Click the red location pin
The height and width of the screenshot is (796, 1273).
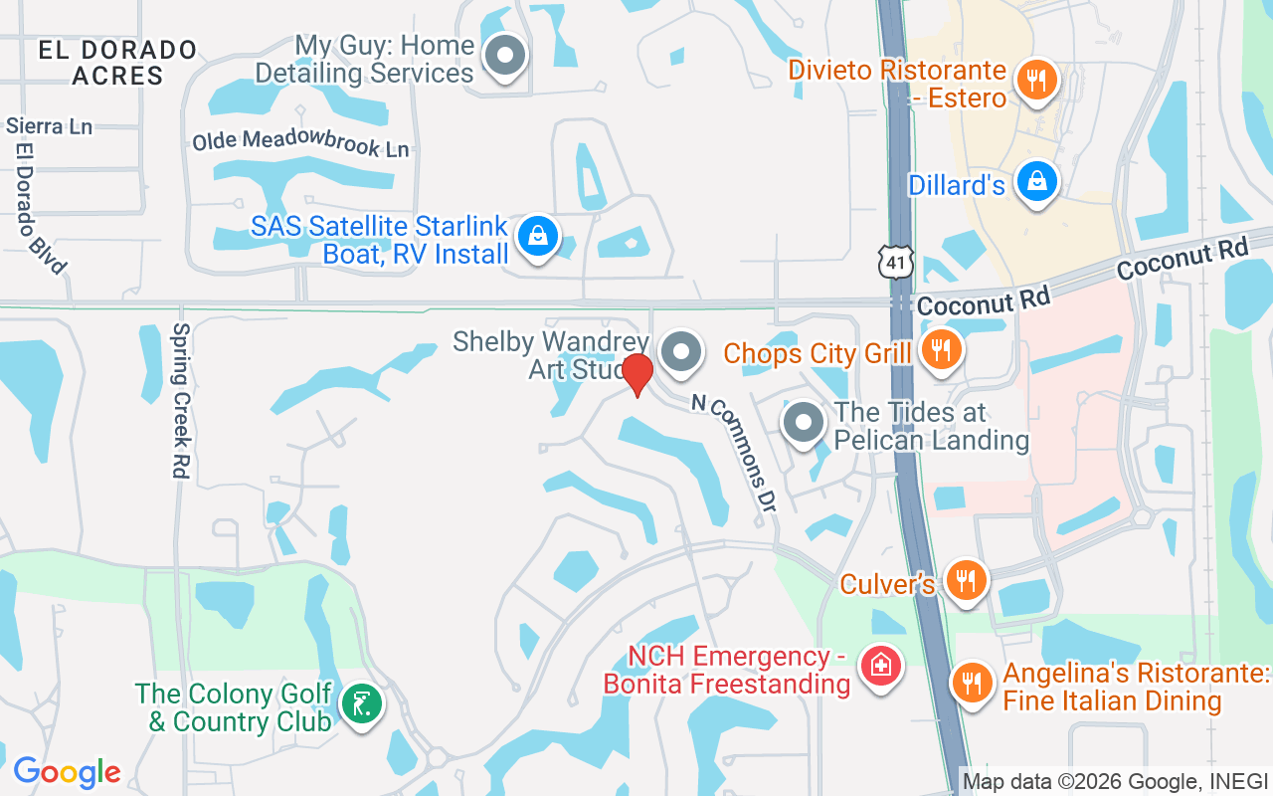click(636, 373)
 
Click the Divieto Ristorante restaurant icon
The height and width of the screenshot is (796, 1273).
click(1037, 80)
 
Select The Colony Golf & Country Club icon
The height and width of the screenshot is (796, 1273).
click(360, 704)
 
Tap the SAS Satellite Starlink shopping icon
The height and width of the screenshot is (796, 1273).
click(538, 236)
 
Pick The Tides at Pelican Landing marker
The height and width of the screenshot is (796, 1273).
click(803, 423)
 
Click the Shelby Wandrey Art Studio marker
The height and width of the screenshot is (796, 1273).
click(681, 350)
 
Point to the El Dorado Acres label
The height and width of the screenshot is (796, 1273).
click(118, 62)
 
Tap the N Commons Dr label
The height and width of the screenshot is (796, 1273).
click(733, 453)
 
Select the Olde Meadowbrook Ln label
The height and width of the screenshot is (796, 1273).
click(300, 144)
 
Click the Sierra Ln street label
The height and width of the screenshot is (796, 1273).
click(49, 126)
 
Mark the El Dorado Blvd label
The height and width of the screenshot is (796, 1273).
click(39, 208)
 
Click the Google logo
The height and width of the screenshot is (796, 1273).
click(67, 772)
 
